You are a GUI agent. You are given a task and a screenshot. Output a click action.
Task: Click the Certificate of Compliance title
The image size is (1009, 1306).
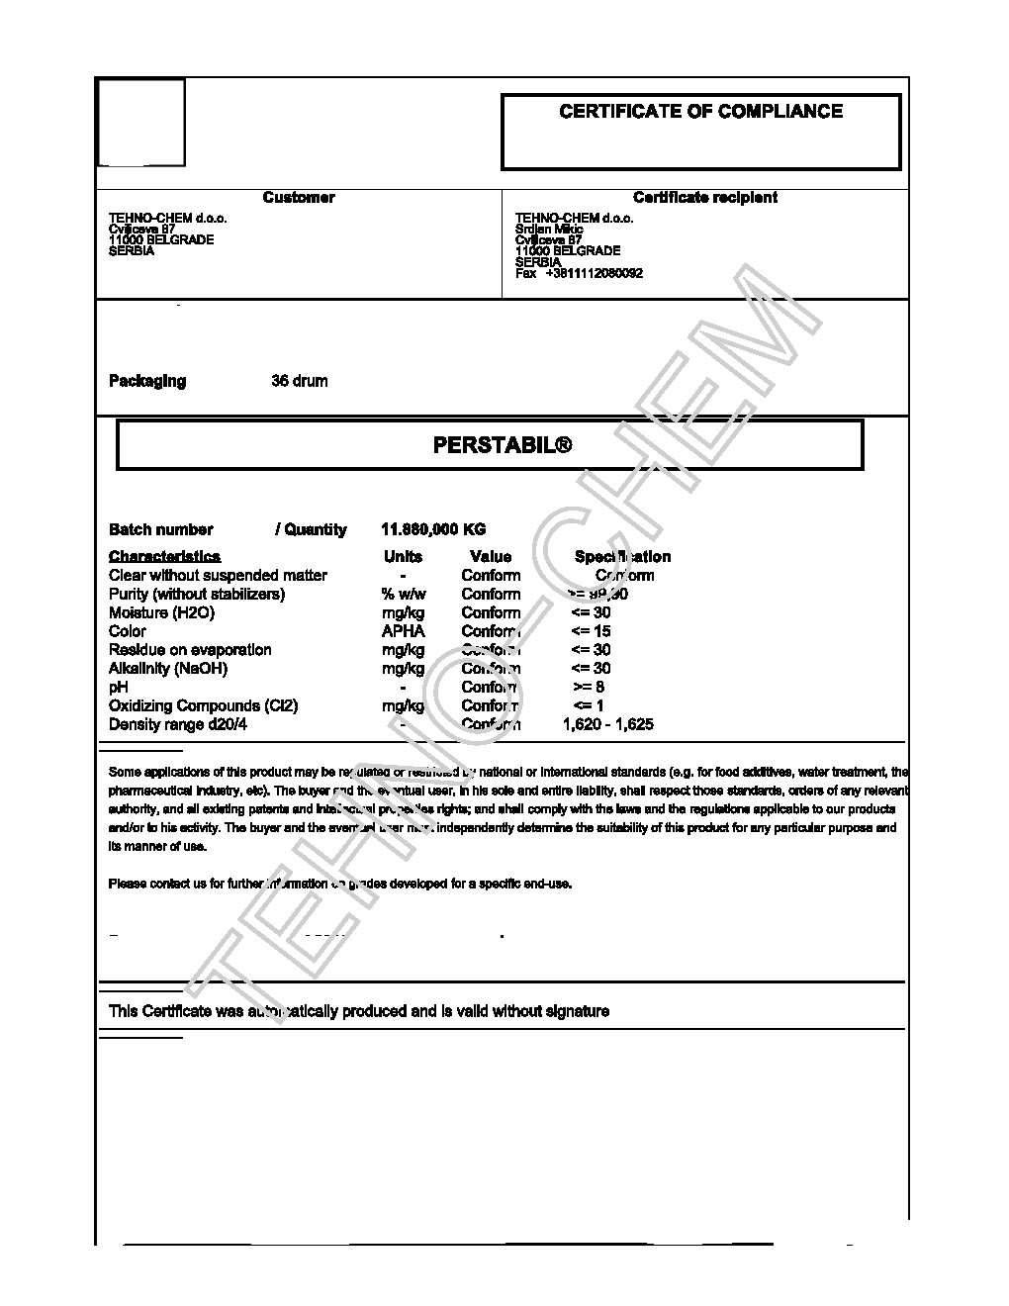(700, 112)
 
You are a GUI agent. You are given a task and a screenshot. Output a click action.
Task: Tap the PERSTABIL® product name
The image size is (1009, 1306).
(503, 446)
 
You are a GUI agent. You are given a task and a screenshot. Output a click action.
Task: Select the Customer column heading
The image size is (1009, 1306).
(299, 198)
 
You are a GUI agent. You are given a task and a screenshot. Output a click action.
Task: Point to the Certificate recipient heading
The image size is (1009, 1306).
(704, 198)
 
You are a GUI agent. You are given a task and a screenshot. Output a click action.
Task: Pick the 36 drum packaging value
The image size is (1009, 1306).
(300, 382)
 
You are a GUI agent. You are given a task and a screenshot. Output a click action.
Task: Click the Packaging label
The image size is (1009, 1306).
(147, 382)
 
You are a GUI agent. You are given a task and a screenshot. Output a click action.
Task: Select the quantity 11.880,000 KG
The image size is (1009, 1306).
(433, 530)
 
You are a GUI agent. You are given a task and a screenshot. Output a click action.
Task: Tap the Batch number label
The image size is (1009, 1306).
(160, 530)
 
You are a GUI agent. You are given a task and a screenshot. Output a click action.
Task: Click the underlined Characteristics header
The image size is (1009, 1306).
(164, 557)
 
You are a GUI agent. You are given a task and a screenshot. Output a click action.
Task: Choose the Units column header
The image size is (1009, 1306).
(403, 557)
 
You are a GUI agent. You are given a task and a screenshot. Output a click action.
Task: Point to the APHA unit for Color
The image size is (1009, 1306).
(403, 631)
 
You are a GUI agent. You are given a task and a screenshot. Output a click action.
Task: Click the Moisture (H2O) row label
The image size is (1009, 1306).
(161, 613)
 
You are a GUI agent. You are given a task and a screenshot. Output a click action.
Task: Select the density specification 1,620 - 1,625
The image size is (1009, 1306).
(607, 724)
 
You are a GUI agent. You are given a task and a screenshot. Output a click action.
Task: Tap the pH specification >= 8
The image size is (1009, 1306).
(589, 688)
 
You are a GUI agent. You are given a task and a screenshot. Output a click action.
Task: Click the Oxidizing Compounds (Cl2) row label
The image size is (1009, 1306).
(203, 706)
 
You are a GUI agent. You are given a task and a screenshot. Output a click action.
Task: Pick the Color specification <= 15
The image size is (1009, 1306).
(591, 631)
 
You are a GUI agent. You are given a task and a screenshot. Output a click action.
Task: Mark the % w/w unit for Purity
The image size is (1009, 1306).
(403, 595)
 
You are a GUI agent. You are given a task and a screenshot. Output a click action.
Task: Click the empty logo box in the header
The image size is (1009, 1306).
(140, 123)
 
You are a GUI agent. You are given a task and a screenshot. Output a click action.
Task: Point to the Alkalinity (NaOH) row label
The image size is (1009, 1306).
(168, 669)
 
